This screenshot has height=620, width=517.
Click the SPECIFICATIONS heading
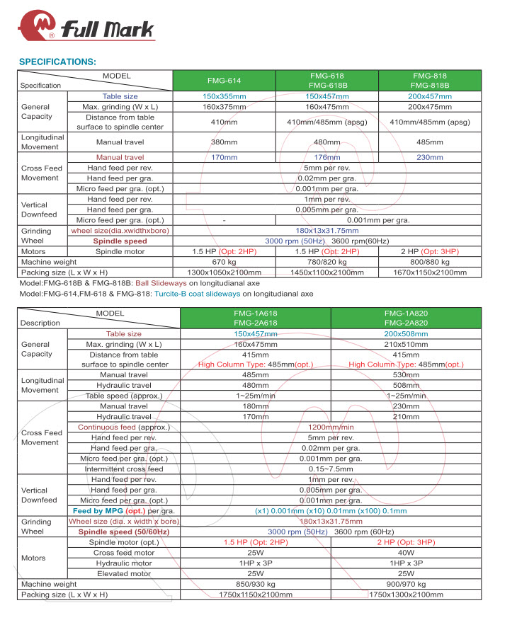point(57,62)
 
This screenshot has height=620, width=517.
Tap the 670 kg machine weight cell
point(224,262)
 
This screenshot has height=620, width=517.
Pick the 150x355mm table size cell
point(224,96)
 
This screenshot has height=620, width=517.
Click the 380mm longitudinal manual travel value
point(224,142)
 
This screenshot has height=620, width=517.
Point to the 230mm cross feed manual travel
point(430,157)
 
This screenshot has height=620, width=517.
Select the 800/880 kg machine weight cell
point(430,262)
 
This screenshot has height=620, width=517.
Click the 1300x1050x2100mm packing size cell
point(224,272)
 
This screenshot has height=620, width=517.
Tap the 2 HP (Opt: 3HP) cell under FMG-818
point(430,251)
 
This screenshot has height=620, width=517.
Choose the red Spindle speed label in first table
point(120,241)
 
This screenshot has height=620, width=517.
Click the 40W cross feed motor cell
point(406,553)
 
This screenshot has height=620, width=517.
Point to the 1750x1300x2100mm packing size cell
point(406,595)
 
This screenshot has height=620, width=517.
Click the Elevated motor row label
point(124,573)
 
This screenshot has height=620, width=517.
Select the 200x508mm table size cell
point(406,333)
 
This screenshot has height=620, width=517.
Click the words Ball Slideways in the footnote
point(161,282)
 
